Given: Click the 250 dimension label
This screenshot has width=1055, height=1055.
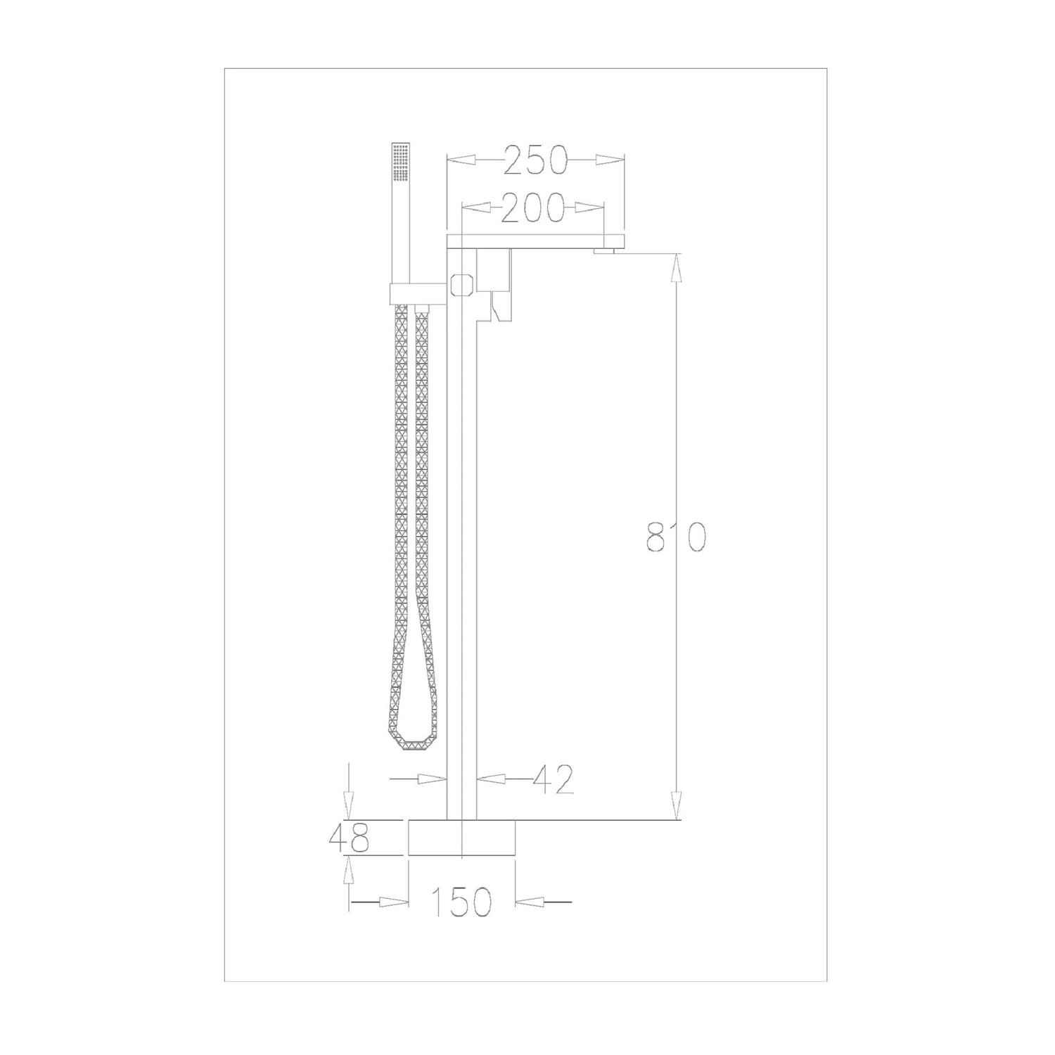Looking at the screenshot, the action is tap(536, 160).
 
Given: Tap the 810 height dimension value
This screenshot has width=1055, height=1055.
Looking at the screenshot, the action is tap(675, 538).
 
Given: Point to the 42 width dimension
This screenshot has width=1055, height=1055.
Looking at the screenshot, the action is tap(554, 779).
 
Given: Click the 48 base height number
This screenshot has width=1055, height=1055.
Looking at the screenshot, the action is tap(349, 838).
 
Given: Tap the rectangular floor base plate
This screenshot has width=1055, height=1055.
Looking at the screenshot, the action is tap(462, 838).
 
